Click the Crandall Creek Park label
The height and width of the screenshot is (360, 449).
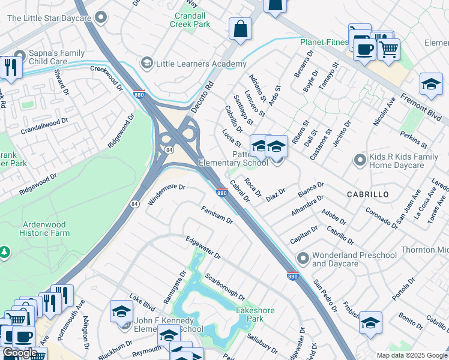point(193,20)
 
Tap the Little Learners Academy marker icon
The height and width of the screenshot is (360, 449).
point(146,63)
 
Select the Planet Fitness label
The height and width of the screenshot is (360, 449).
point(324,42)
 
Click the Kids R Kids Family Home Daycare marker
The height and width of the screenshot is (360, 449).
point(360,160)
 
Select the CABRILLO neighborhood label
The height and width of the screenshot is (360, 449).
point(367,195)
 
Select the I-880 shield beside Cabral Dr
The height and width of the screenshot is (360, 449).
point(221,193)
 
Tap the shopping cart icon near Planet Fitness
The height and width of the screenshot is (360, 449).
point(389,48)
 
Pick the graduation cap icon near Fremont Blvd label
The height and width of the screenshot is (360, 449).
point(430,85)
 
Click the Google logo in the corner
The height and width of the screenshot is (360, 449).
point(19,353)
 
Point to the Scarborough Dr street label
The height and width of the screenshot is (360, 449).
point(224,287)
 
